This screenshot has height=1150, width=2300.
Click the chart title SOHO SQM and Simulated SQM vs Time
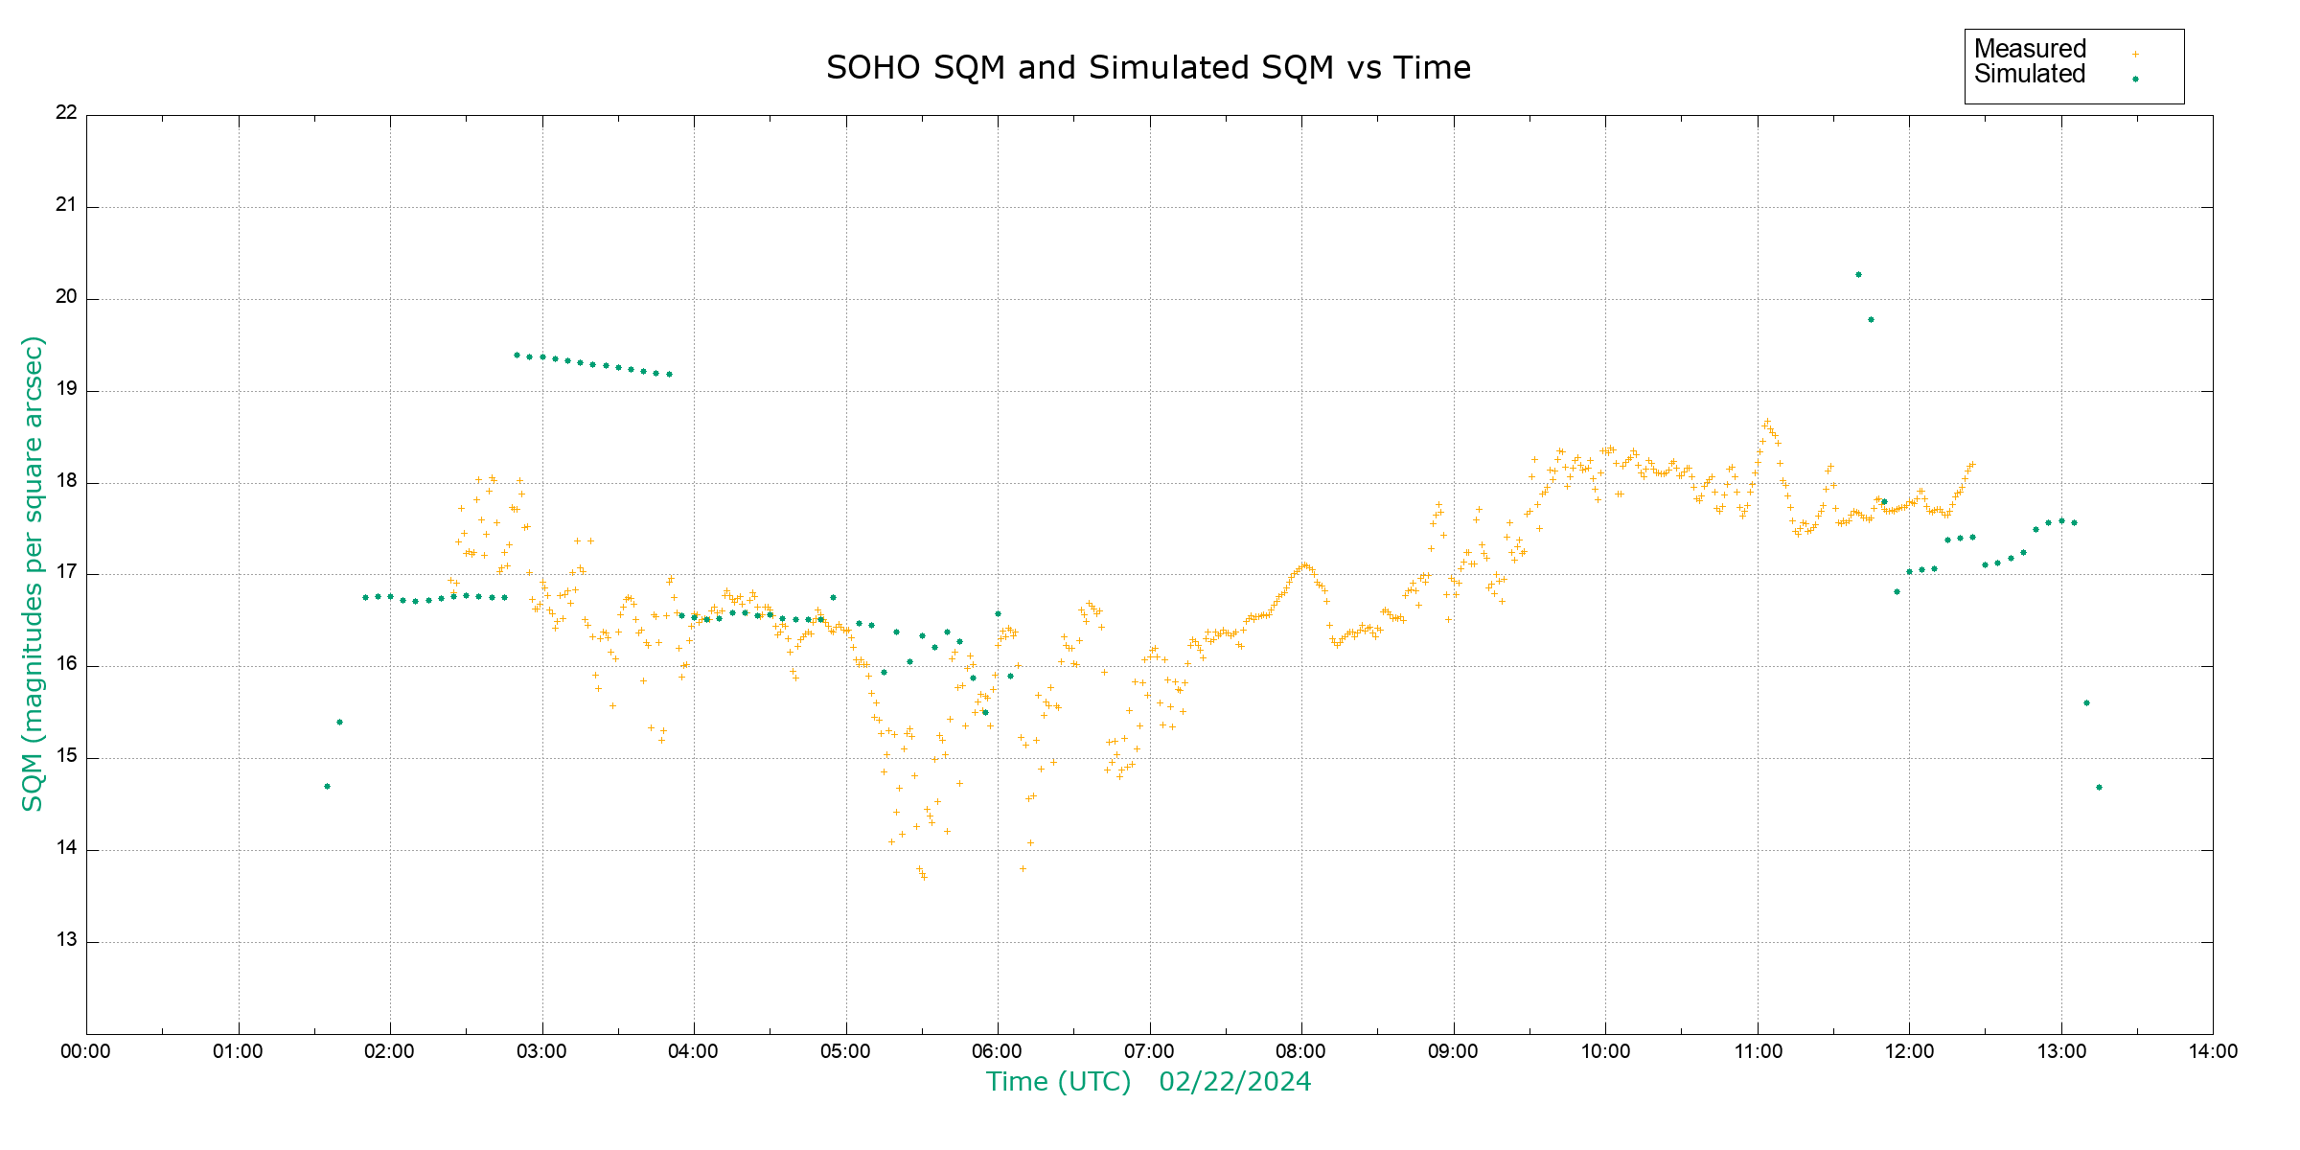(x=1148, y=68)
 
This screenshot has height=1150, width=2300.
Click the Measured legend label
(x=2030, y=49)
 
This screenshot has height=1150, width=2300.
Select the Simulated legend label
(x=2030, y=75)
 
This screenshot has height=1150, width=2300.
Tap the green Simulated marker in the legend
(x=2135, y=79)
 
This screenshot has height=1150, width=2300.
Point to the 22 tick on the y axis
(x=66, y=112)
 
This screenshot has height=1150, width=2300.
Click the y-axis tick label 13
(x=66, y=940)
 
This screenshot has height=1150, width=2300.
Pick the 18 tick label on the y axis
(x=66, y=481)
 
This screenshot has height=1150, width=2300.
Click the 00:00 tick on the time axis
(x=85, y=1051)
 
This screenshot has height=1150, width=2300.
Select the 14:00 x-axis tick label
(x=2212, y=1051)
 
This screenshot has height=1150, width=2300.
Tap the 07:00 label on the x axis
(x=1149, y=1051)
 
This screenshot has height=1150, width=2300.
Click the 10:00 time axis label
(x=1605, y=1051)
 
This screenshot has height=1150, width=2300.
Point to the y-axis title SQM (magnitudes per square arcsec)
(x=34, y=573)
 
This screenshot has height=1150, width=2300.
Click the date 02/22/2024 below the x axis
(x=1234, y=1082)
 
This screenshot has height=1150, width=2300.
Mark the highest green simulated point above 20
(x=1858, y=275)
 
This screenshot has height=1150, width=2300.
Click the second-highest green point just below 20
(x=1871, y=320)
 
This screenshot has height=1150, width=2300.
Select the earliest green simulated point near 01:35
(x=327, y=787)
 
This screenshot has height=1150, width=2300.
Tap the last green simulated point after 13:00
(x=2099, y=788)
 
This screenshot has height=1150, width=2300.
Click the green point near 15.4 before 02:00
(x=339, y=723)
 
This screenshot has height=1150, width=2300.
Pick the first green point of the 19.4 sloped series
(x=517, y=356)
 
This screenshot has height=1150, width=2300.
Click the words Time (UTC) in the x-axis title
(x=1058, y=1082)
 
